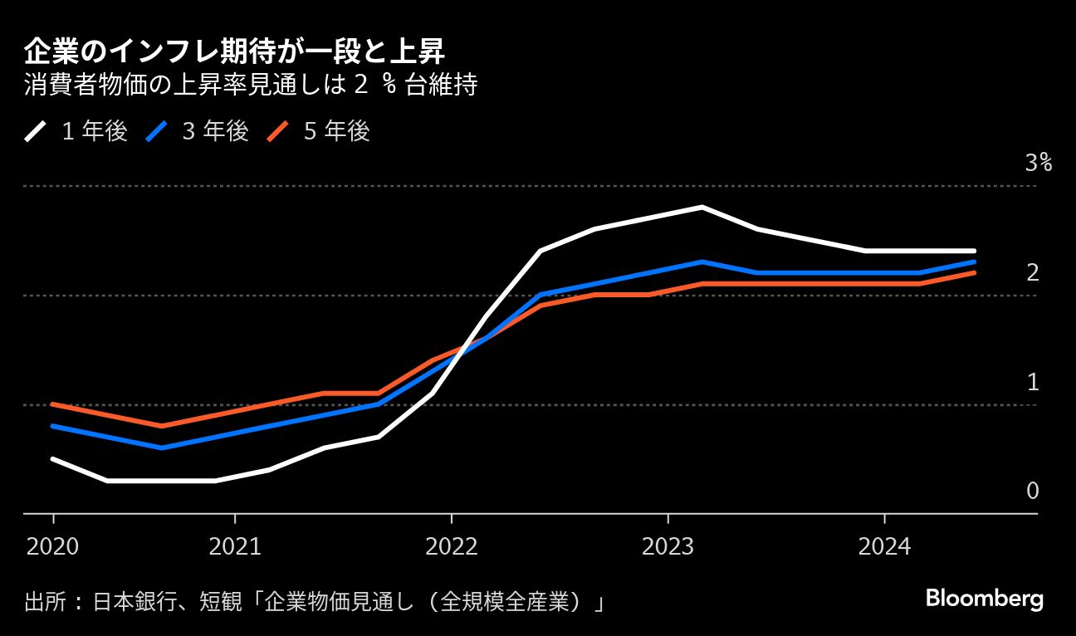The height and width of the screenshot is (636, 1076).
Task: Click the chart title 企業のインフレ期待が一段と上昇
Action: (x=234, y=51)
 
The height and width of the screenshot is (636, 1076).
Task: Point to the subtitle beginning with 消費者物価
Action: (x=250, y=84)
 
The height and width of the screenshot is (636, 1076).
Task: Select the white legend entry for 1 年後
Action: (x=76, y=130)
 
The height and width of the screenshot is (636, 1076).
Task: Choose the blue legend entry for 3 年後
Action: (x=197, y=130)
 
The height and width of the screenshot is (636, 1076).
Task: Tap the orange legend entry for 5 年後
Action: (x=319, y=130)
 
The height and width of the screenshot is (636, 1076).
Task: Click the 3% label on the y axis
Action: (x=1039, y=163)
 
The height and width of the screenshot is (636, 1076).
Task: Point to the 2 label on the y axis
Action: (x=1033, y=272)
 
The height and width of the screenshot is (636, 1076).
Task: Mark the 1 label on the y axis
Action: (x=1033, y=382)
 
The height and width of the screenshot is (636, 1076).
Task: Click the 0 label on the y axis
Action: (x=1033, y=491)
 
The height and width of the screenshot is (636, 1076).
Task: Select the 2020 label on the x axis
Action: (x=52, y=546)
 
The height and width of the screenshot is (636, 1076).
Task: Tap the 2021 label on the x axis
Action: (x=235, y=546)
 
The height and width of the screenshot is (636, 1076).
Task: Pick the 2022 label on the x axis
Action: (x=452, y=546)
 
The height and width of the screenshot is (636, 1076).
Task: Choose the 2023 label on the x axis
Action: (x=668, y=546)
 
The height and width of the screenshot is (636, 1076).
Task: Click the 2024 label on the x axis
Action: (x=884, y=546)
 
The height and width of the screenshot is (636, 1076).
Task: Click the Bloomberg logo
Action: (x=985, y=599)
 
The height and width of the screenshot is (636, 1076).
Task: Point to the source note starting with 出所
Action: (x=314, y=601)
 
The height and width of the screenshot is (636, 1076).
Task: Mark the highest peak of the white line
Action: (x=702, y=208)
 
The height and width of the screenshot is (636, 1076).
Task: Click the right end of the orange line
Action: (x=974, y=273)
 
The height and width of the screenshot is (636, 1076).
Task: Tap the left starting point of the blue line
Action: (x=52, y=426)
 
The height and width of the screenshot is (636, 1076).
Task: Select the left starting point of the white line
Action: (x=52, y=459)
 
